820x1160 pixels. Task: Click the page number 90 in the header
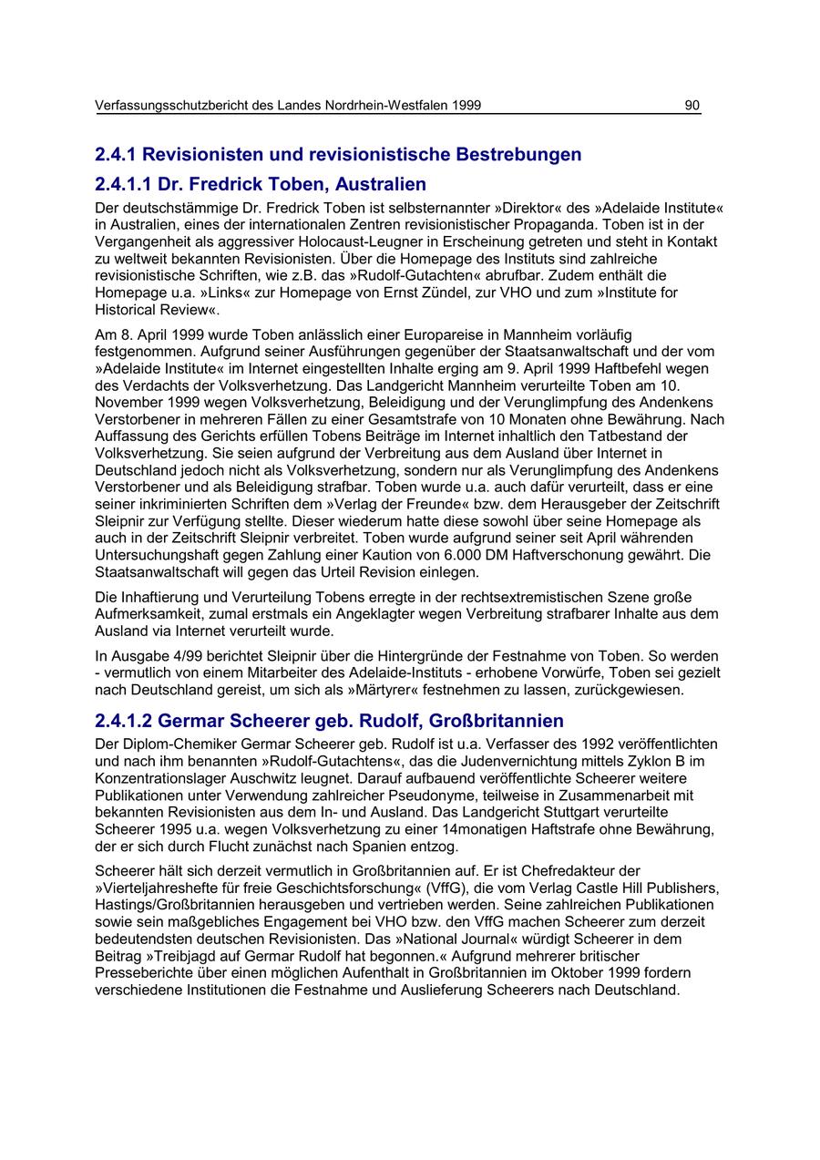(x=692, y=106)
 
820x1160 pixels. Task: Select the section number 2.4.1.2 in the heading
(x=124, y=722)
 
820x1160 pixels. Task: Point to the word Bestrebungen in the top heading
(x=517, y=154)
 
